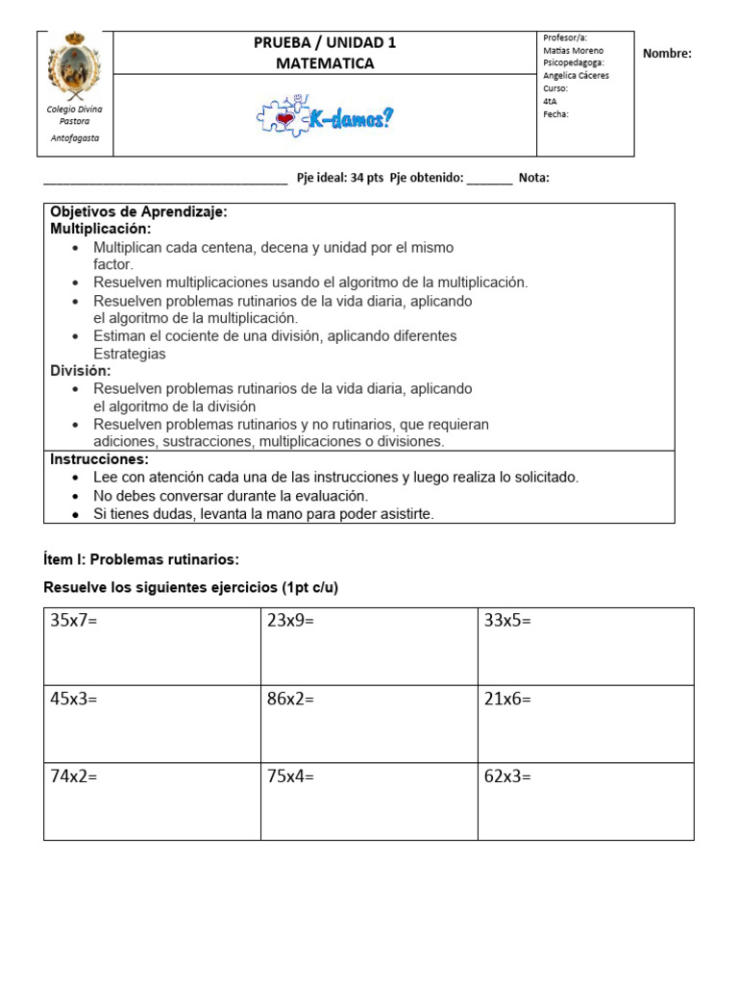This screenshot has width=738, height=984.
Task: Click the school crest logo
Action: click(74, 66)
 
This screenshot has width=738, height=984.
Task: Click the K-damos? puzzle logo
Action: click(325, 117)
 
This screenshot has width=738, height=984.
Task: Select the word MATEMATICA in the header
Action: click(325, 63)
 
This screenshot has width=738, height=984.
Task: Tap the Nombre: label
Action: click(667, 54)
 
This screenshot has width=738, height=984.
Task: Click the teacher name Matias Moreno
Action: click(573, 50)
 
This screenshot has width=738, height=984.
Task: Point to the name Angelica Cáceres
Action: click(576, 75)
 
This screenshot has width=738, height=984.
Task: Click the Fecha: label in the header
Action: click(555, 113)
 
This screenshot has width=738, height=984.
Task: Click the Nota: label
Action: click(533, 178)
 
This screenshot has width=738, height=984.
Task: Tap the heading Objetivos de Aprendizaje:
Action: click(138, 211)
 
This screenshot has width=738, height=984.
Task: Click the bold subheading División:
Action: click(81, 371)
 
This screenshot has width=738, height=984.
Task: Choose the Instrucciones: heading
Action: click(99, 459)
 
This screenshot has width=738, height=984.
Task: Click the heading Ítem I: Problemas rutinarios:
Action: click(141, 559)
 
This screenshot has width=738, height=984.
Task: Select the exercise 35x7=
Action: click(74, 621)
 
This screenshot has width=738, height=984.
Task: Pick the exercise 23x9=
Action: click(290, 621)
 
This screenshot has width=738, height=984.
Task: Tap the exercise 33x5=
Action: click(507, 621)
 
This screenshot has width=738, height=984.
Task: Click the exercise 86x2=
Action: click(290, 699)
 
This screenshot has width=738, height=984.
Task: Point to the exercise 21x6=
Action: click(507, 699)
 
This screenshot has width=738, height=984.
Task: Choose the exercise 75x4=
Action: click(290, 776)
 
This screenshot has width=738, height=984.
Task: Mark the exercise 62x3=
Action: click(507, 776)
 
